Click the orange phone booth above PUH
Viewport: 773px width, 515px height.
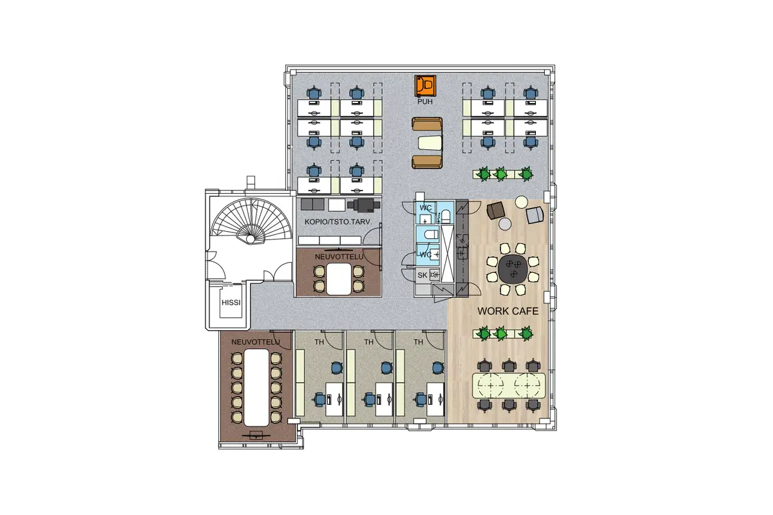pyautogui.click(x=425, y=86)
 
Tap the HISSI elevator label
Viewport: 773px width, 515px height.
pyautogui.click(x=231, y=303)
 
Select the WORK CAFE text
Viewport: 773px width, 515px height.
pyautogui.click(x=508, y=311)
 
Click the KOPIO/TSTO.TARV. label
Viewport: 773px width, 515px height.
pyautogui.click(x=338, y=222)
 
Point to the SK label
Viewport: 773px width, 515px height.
pyautogui.click(x=423, y=275)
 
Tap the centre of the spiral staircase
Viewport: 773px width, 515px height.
pyautogui.click(x=250, y=239)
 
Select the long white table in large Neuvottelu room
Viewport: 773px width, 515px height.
pyautogui.click(x=256, y=388)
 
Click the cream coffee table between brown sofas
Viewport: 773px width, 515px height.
pyautogui.click(x=430, y=143)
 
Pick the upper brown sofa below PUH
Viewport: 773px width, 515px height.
pyautogui.click(x=427, y=124)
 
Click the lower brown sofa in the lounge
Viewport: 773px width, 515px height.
pyautogui.click(x=427, y=162)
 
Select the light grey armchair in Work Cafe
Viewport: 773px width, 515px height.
pyautogui.click(x=535, y=215)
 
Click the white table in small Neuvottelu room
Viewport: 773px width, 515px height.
pyautogui.click(x=339, y=279)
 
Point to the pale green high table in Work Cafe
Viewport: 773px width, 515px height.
pyautogui.click(x=509, y=386)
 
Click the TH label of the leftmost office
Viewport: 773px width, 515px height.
pyautogui.click(x=320, y=342)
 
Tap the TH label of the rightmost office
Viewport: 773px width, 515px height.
pyautogui.click(x=418, y=342)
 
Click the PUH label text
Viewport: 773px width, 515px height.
pyautogui.click(x=425, y=102)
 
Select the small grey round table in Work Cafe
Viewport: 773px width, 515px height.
pyautogui.click(x=505, y=224)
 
